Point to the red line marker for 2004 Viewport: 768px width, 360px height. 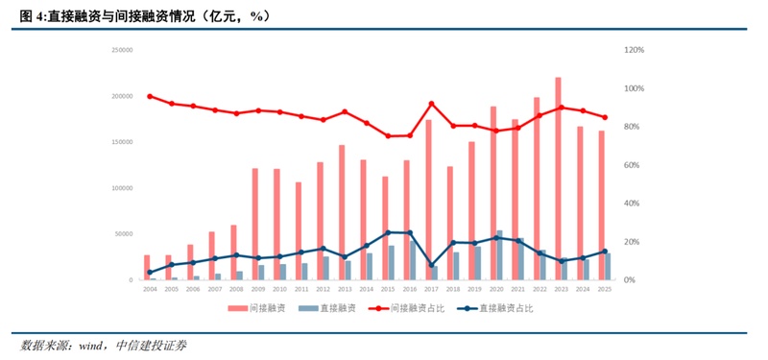coord(149,96)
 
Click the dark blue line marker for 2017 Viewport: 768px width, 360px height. coord(432,265)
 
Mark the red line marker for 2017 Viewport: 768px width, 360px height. coord(432,104)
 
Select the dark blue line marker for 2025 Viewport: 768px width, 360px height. coord(605,252)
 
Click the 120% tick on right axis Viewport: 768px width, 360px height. coord(635,50)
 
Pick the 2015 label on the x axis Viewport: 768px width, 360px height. coord(388,288)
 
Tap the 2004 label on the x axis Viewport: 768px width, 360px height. coord(149,288)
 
